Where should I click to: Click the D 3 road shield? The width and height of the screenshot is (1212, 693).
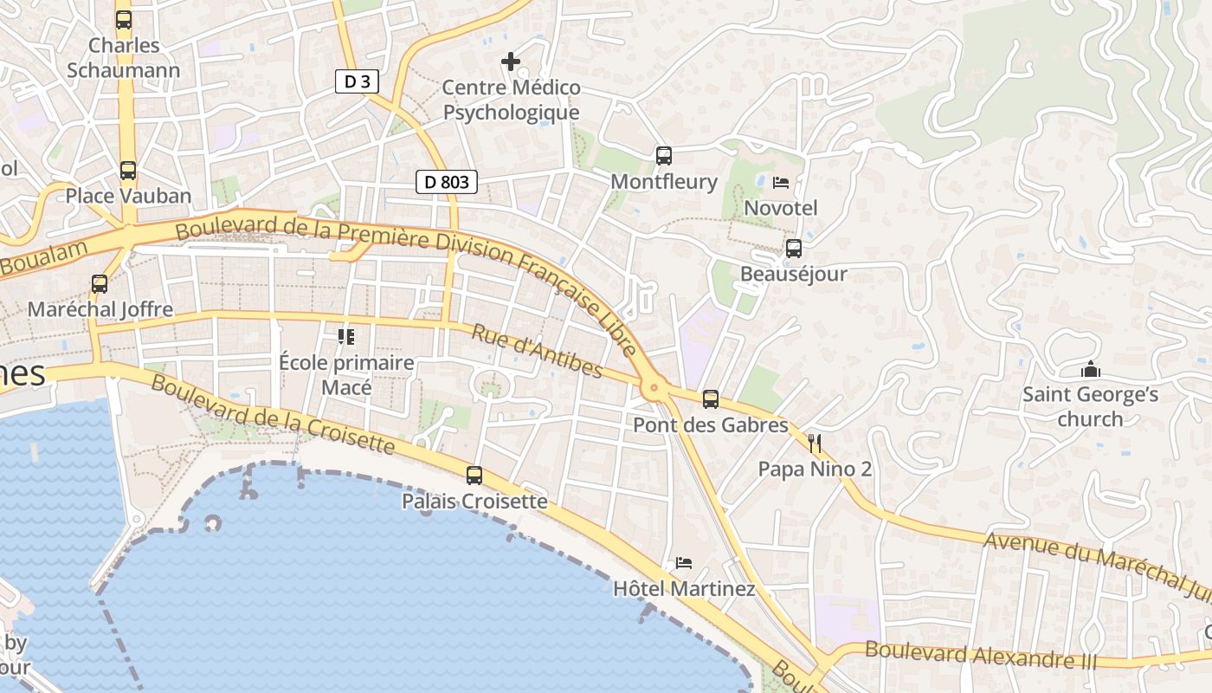[357, 81]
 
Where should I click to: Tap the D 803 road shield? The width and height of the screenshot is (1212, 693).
[447, 182]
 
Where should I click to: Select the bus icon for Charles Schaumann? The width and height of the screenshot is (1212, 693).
[124, 20]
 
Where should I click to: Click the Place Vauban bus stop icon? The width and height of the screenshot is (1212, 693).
[128, 171]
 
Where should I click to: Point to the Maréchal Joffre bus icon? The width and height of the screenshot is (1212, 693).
[100, 284]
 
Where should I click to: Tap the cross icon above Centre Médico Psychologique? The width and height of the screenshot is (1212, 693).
[511, 62]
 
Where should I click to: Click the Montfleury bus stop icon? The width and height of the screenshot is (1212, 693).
[664, 156]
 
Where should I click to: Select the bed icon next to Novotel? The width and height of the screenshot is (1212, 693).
[781, 183]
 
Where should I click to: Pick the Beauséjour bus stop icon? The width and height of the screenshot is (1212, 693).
[793, 249]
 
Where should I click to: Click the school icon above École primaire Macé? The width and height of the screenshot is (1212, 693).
[346, 337]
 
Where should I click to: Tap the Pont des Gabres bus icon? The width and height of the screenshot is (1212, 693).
[711, 399]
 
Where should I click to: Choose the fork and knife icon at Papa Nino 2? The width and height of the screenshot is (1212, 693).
[814, 444]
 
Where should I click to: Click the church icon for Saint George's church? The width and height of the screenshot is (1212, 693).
[1090, 370]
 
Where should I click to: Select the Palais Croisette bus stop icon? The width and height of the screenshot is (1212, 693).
[474, 476]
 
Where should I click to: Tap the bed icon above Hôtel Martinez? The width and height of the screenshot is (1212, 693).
[684, 563]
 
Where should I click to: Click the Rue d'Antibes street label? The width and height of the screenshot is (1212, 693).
[537, 351]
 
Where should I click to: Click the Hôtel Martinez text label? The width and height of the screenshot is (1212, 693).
[684, 589]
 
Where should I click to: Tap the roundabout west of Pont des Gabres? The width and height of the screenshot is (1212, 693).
[654, 388]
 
